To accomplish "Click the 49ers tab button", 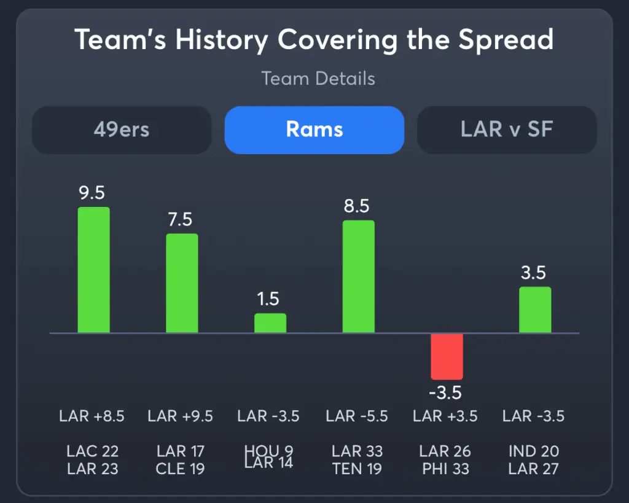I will [x=122, y=130].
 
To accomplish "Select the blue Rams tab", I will [x=314, y=130].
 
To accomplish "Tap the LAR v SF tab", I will [x=507, y=130].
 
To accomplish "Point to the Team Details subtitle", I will [x=318, y=79].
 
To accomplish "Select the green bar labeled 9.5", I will [x=93, y=270].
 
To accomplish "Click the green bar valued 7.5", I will [x=182, y=283].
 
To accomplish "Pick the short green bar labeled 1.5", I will [x=270, y=323].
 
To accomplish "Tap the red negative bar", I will [x=447, y=356].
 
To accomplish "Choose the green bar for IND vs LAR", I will [x=535, y=310].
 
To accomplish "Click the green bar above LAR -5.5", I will [x=358, y=276].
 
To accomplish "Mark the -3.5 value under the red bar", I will [x=445, y=392].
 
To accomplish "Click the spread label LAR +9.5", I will [x=181, y=416].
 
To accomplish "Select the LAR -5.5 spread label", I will [x=357, y=416].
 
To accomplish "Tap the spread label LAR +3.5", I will [x=445, y=416].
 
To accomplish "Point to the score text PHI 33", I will [x=445, y=469].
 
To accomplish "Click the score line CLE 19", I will [x=181, y=469].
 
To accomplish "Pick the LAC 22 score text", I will [x=92, y=452].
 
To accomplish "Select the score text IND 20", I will [x=534, y=452].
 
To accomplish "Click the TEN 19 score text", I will [x=357, y=469].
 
